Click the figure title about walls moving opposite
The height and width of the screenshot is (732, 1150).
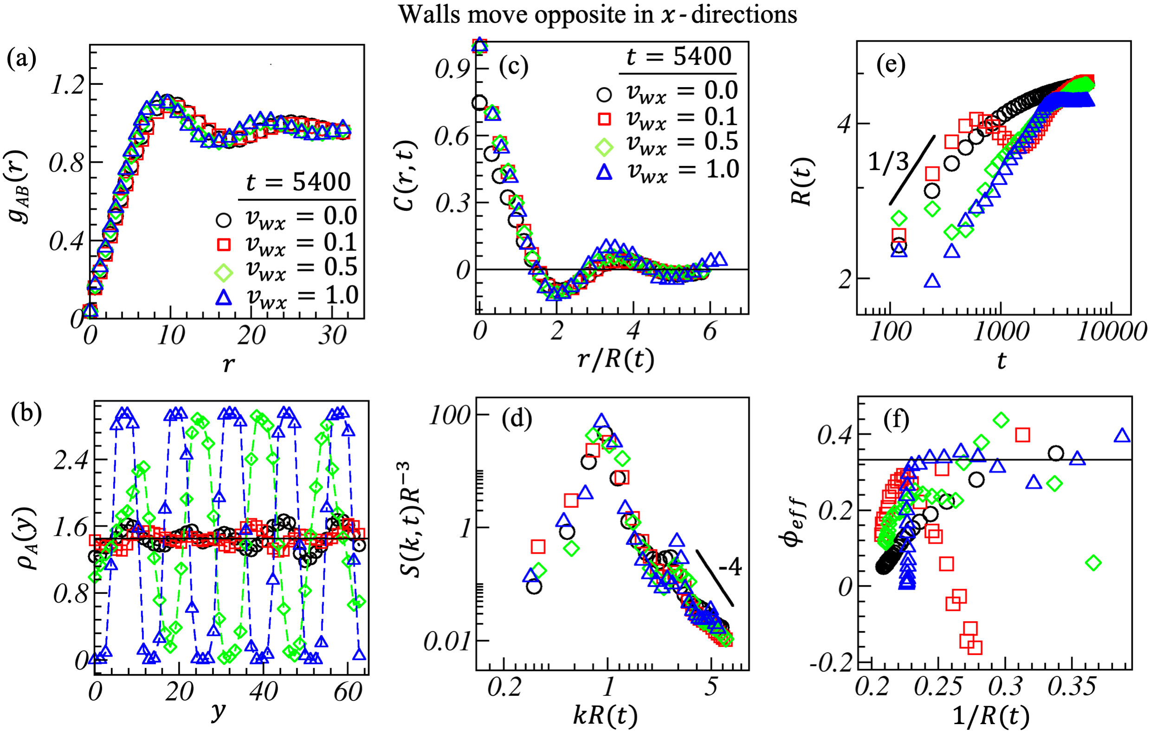point(597,14)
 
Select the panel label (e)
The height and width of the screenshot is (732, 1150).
point(891,64)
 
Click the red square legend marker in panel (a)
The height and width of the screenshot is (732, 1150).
point(224,244)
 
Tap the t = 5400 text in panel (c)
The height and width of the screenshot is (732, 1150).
point(678,56)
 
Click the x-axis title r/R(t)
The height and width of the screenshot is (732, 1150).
point(615,359)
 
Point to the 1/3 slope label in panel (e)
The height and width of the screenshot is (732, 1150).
point(888,162)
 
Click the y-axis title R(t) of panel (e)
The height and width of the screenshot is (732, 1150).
point(802,181)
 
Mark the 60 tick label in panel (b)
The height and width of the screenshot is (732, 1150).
point(348,692)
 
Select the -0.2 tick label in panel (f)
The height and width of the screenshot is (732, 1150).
point(832,662)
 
